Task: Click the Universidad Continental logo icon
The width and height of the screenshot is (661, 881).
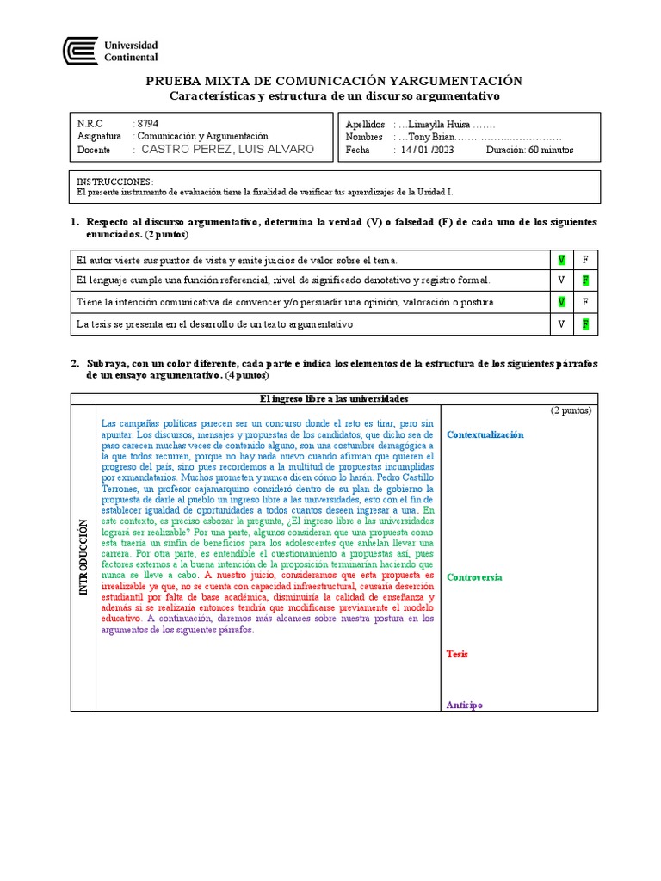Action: point(80,51)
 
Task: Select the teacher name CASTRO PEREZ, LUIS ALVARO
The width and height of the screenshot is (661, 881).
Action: point(227,149)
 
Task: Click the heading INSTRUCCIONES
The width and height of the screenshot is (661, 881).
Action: point(114,182)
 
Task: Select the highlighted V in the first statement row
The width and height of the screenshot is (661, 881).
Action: point(561,259)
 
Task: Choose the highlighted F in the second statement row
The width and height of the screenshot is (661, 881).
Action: point(585,280)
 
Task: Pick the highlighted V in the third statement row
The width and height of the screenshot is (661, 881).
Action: point(561,302)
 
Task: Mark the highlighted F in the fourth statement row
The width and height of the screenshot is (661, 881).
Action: point(585,323)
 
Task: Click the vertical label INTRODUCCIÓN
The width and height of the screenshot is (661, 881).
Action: point(83,558)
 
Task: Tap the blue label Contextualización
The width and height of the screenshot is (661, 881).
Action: point(485,434)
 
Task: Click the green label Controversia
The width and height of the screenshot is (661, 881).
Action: point(474,577)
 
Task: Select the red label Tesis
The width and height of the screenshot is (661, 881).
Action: point(457,654)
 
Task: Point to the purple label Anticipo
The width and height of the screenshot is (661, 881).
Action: point(464,705)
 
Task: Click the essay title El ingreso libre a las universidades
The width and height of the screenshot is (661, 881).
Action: point(333,398)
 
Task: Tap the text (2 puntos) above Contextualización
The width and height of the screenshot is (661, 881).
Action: point(571,410)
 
